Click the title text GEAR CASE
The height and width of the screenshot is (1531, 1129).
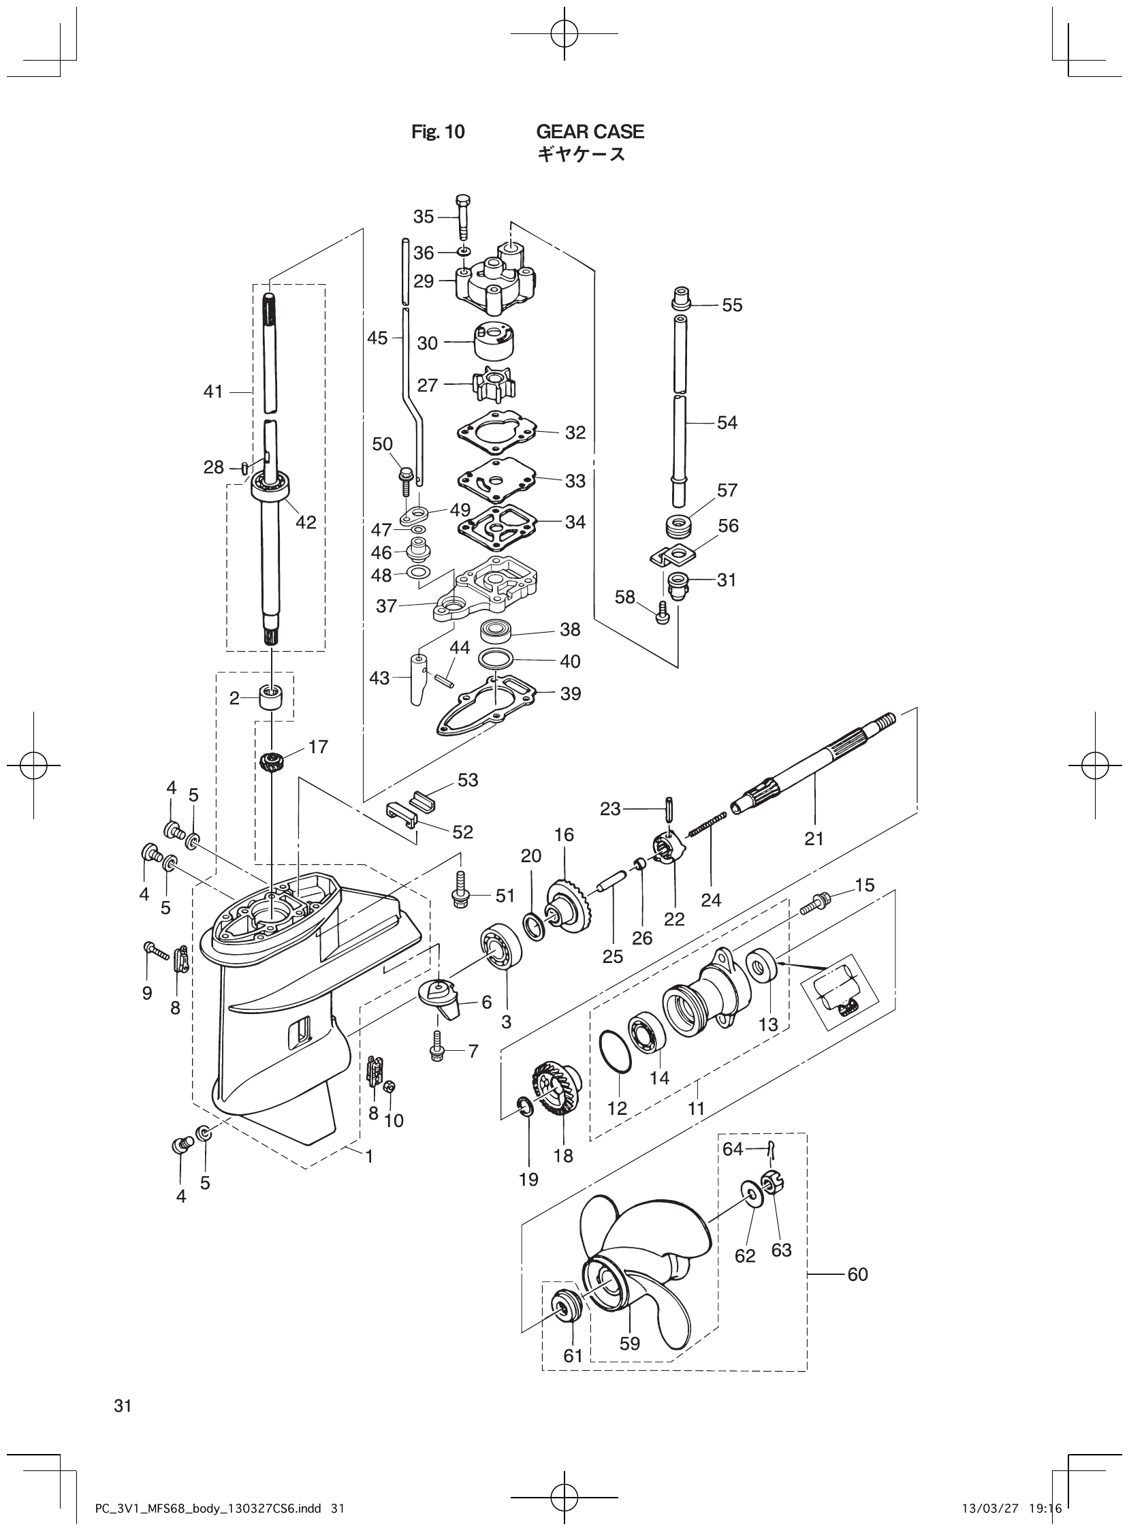point(590,131)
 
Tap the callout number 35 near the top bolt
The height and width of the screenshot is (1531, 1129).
point(423,217)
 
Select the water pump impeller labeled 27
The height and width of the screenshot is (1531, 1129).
point(488,385)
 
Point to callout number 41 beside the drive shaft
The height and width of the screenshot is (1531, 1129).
point(213,392)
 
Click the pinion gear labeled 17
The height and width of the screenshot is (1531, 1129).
point(272,761)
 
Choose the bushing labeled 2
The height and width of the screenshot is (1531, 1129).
point(272,701)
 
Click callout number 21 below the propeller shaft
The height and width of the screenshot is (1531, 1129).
point(814,838)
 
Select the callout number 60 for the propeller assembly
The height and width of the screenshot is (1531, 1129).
point(858,1274)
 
